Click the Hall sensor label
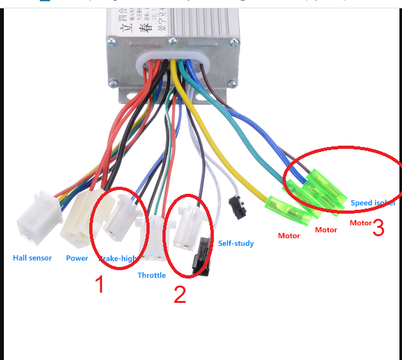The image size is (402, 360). tap(32, 258)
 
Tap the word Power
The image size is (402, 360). tap(77, 258)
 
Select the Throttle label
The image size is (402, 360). tap(152, 275)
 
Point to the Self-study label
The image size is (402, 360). tap(236, 243)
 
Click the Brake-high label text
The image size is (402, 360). tap(119, 259)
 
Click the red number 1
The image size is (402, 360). tap(100, 284)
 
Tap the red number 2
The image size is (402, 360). tap(180, 294)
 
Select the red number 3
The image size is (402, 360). tap(378, 227)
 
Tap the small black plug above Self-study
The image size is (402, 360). tap(238, 208)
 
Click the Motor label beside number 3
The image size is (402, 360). tap(360, 223)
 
